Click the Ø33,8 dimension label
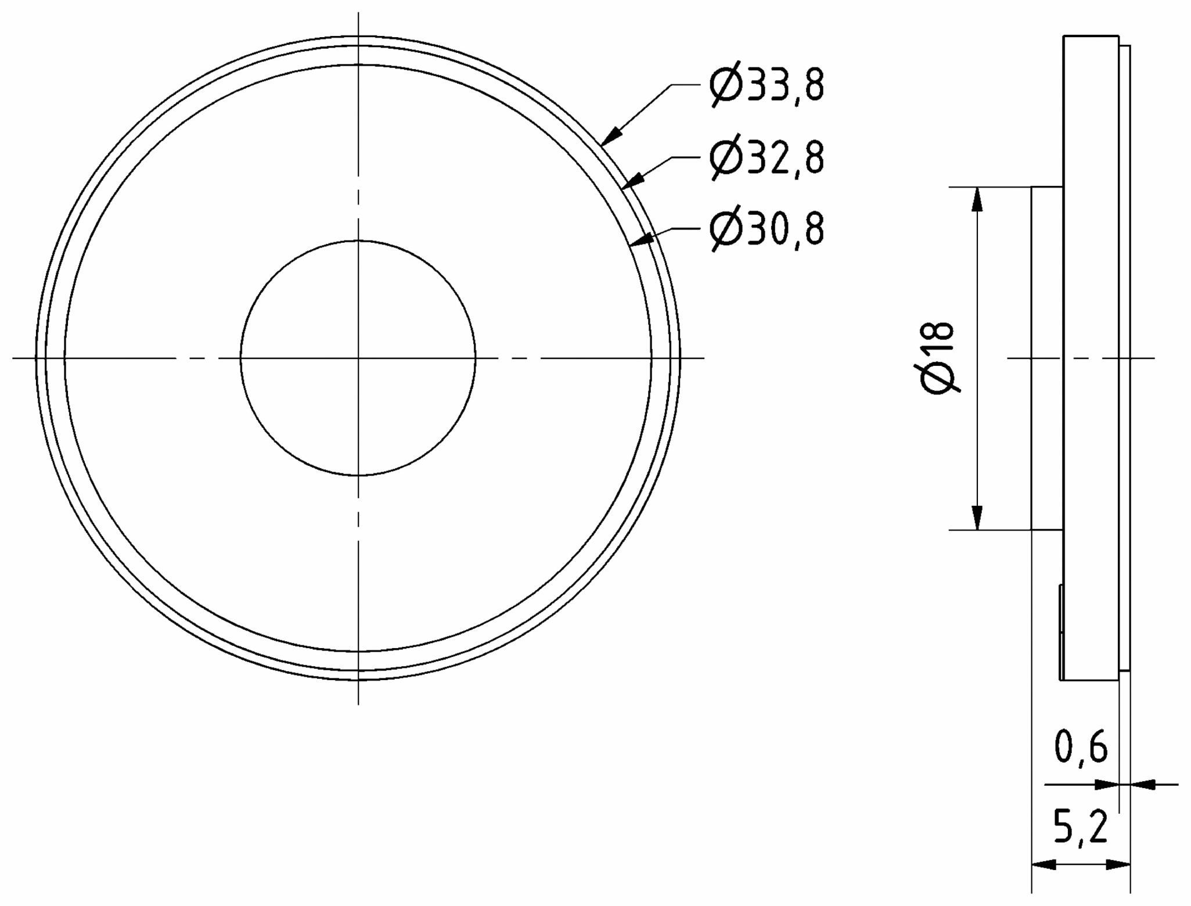click(x=767, y=85)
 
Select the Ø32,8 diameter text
click(x=767, y=157)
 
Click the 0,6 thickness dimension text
click(x=1081, y=747)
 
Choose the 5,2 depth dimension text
click(x=1080, y=827)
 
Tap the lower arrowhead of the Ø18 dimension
click(x=977, y=518)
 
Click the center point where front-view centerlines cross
click(x=358, y=358)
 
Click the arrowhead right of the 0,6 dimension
click(x=1142, y=785)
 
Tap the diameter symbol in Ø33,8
click(x=725, y=85)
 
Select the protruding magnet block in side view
click(x=1047, y=358)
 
